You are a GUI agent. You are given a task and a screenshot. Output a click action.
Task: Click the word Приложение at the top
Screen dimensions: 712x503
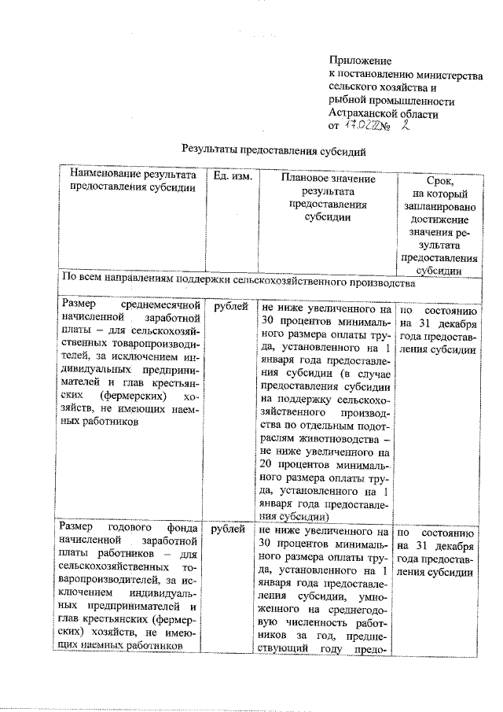pyautogui.click(x=359, y=61)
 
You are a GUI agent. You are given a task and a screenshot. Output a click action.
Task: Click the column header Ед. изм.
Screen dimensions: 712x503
pyautogui.click(x=232, y=178)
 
